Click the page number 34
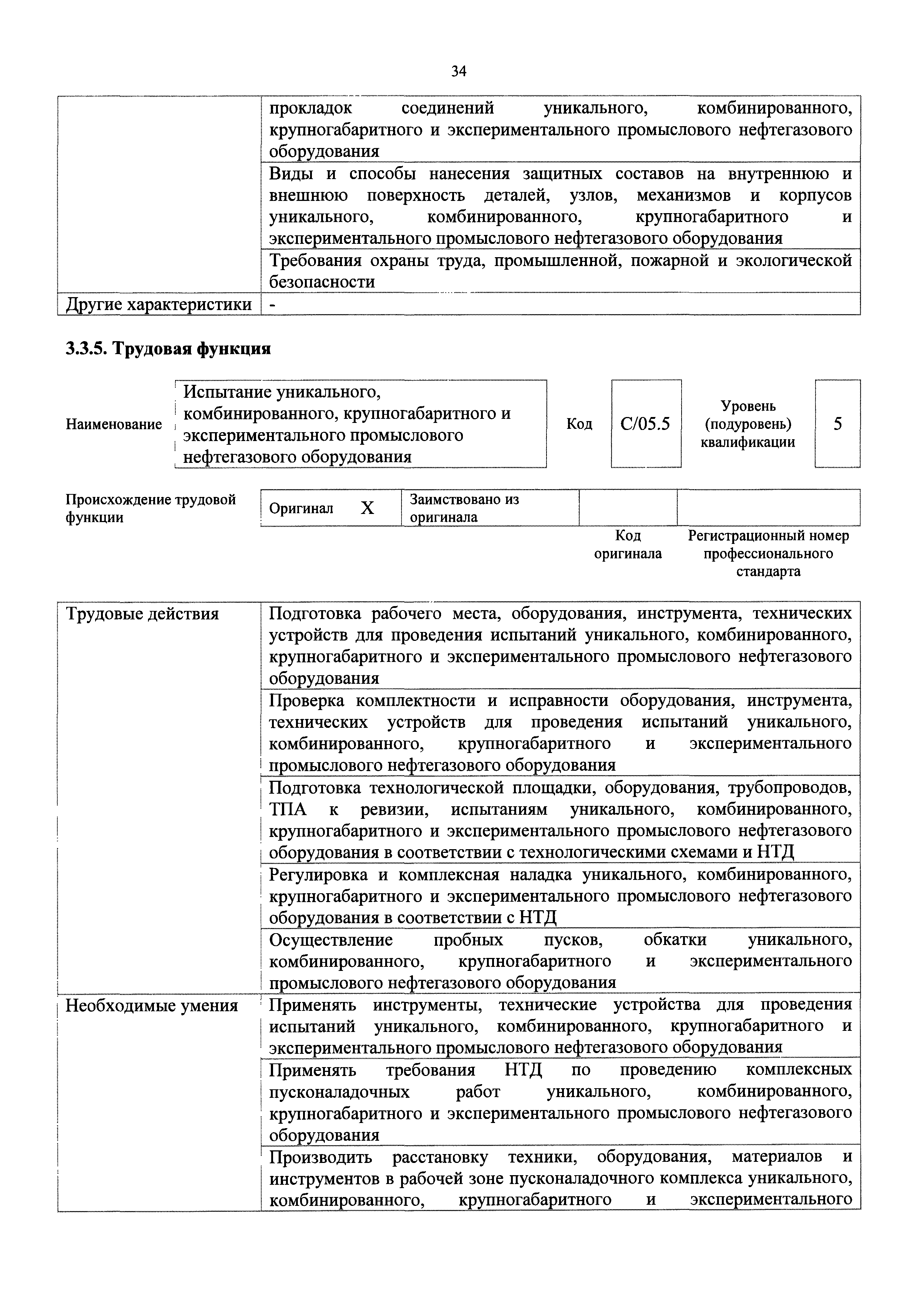tap(458, 71)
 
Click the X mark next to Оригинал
tap(367, 508)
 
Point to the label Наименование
tap(114, 424)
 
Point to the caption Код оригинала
tap(628, 544)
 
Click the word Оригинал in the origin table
tap(301, 508)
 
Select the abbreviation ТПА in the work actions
tap(288, 810)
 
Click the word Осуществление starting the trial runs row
tap(331, 939)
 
